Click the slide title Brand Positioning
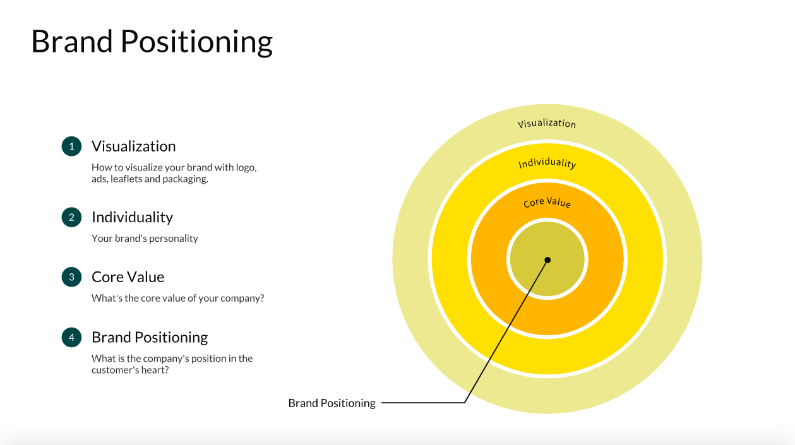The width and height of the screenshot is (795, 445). [x=152, y=42]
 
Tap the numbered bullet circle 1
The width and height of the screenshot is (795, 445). [x=71, y=146]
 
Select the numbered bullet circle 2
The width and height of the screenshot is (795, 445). [x=71, y=217]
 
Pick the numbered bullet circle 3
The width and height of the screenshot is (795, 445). [x=71, y=277]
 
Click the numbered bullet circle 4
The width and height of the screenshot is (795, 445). [x=71, y=338]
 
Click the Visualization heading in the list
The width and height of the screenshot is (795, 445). [x=133, y=146]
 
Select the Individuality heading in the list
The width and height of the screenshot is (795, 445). [x=132, y=217]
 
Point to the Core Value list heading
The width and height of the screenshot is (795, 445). [x=128, y=277]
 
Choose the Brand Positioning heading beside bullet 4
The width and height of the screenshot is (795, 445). [x=150, y=338]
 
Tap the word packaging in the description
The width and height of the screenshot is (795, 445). [x=184, y=179]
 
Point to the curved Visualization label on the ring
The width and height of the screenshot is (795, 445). [x=547, y=123]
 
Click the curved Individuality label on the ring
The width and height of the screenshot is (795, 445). [x=547, y=163]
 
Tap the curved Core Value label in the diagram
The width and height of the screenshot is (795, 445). [x=547, y=203]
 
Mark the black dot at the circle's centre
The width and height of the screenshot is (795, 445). [x=547, y=260]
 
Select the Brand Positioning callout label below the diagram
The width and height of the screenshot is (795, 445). [x=332, y=403]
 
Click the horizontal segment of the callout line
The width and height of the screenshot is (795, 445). [x=423, y=403]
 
